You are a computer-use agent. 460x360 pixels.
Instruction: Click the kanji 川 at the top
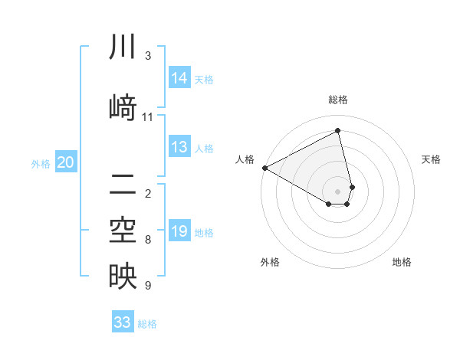pos(122,48)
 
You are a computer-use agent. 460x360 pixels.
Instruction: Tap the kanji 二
pos(122,183)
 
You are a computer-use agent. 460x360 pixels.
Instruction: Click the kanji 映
pos(122,276)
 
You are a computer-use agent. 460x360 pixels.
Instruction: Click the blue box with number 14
pos(179,78)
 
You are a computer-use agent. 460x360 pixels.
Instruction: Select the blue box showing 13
pos(179,148)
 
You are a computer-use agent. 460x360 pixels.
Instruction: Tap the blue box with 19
pos(179,231)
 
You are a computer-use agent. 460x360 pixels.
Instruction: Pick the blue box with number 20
pos(66,162)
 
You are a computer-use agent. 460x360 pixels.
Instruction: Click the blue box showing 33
pos(123,322)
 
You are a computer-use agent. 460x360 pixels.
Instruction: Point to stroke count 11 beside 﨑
pos(148,117)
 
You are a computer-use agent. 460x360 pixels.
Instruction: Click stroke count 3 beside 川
pos(148,55)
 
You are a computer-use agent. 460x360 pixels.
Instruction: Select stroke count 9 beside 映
pos(148,286)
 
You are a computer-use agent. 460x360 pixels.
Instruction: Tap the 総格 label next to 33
pos(147,324)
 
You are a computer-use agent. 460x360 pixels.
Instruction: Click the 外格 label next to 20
pos(41,163)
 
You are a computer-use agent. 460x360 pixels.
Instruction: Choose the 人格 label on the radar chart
pos(245,159)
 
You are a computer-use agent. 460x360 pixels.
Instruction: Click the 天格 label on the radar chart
pos(431,159)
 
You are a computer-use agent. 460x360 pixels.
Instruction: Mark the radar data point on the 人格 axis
pos(264,168)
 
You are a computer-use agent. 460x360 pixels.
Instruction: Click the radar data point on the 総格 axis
pos(338,130)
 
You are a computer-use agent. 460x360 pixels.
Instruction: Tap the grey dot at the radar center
pos(338,191)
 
